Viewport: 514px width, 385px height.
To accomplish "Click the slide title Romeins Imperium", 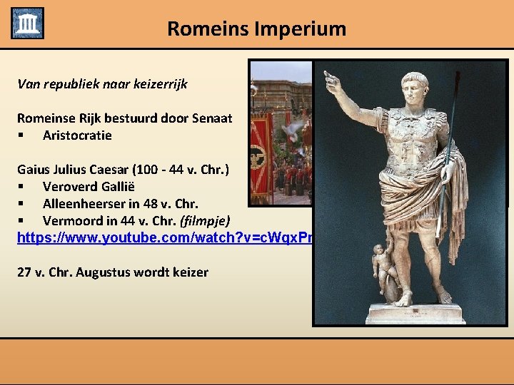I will pyautogui.click(x=256, y=29).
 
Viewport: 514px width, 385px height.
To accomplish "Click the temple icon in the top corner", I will pyautogui.click(x=27, y=23).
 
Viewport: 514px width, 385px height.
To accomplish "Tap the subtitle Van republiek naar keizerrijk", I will pyautogui.click(x=102, y=84).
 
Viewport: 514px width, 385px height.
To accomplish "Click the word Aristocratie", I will pyautogui.click(x=77, y=135).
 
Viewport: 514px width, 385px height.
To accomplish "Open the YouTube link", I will pyautogui.click(x=164, y=237).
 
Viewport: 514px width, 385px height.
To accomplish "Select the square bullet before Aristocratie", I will pyautogui.click(x=23, y=135).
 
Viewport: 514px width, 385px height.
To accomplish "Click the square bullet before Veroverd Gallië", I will pyautogui.click(x=23, y=187).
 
